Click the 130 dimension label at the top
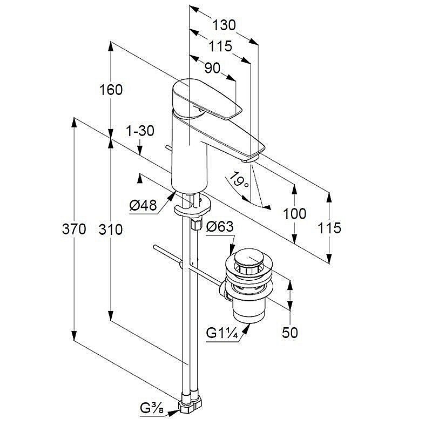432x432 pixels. click(x=224, y=25)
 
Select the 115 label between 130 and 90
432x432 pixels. click(x=220, y=47)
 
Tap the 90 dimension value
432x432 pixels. click(x=213, y=68)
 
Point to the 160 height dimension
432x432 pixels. click(x=111, y=90)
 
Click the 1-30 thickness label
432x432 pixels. click(x=139, y=131)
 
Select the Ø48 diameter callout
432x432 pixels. click(x=143, y=205)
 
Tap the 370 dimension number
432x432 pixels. click(x=74, y=230)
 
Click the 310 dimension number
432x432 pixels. click(x=111, y=230)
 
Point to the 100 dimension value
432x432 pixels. click(x=294, y=213)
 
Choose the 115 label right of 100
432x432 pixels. click(x=329, y=228)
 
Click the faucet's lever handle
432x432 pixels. click(x=208, y=100)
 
